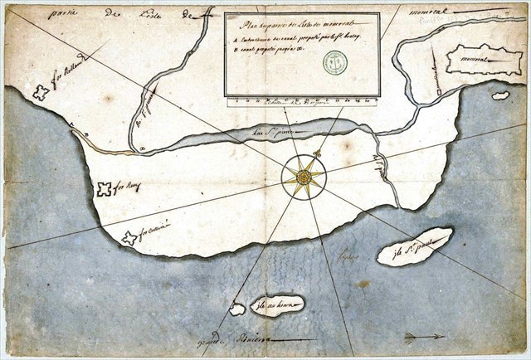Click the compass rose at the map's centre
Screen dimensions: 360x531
304,177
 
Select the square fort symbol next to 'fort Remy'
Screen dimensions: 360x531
104,189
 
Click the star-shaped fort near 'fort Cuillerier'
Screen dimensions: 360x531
129,238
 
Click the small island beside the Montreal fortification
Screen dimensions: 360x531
499,96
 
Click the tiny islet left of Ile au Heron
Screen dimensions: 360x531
236,309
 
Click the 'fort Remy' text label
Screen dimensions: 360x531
129,187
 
